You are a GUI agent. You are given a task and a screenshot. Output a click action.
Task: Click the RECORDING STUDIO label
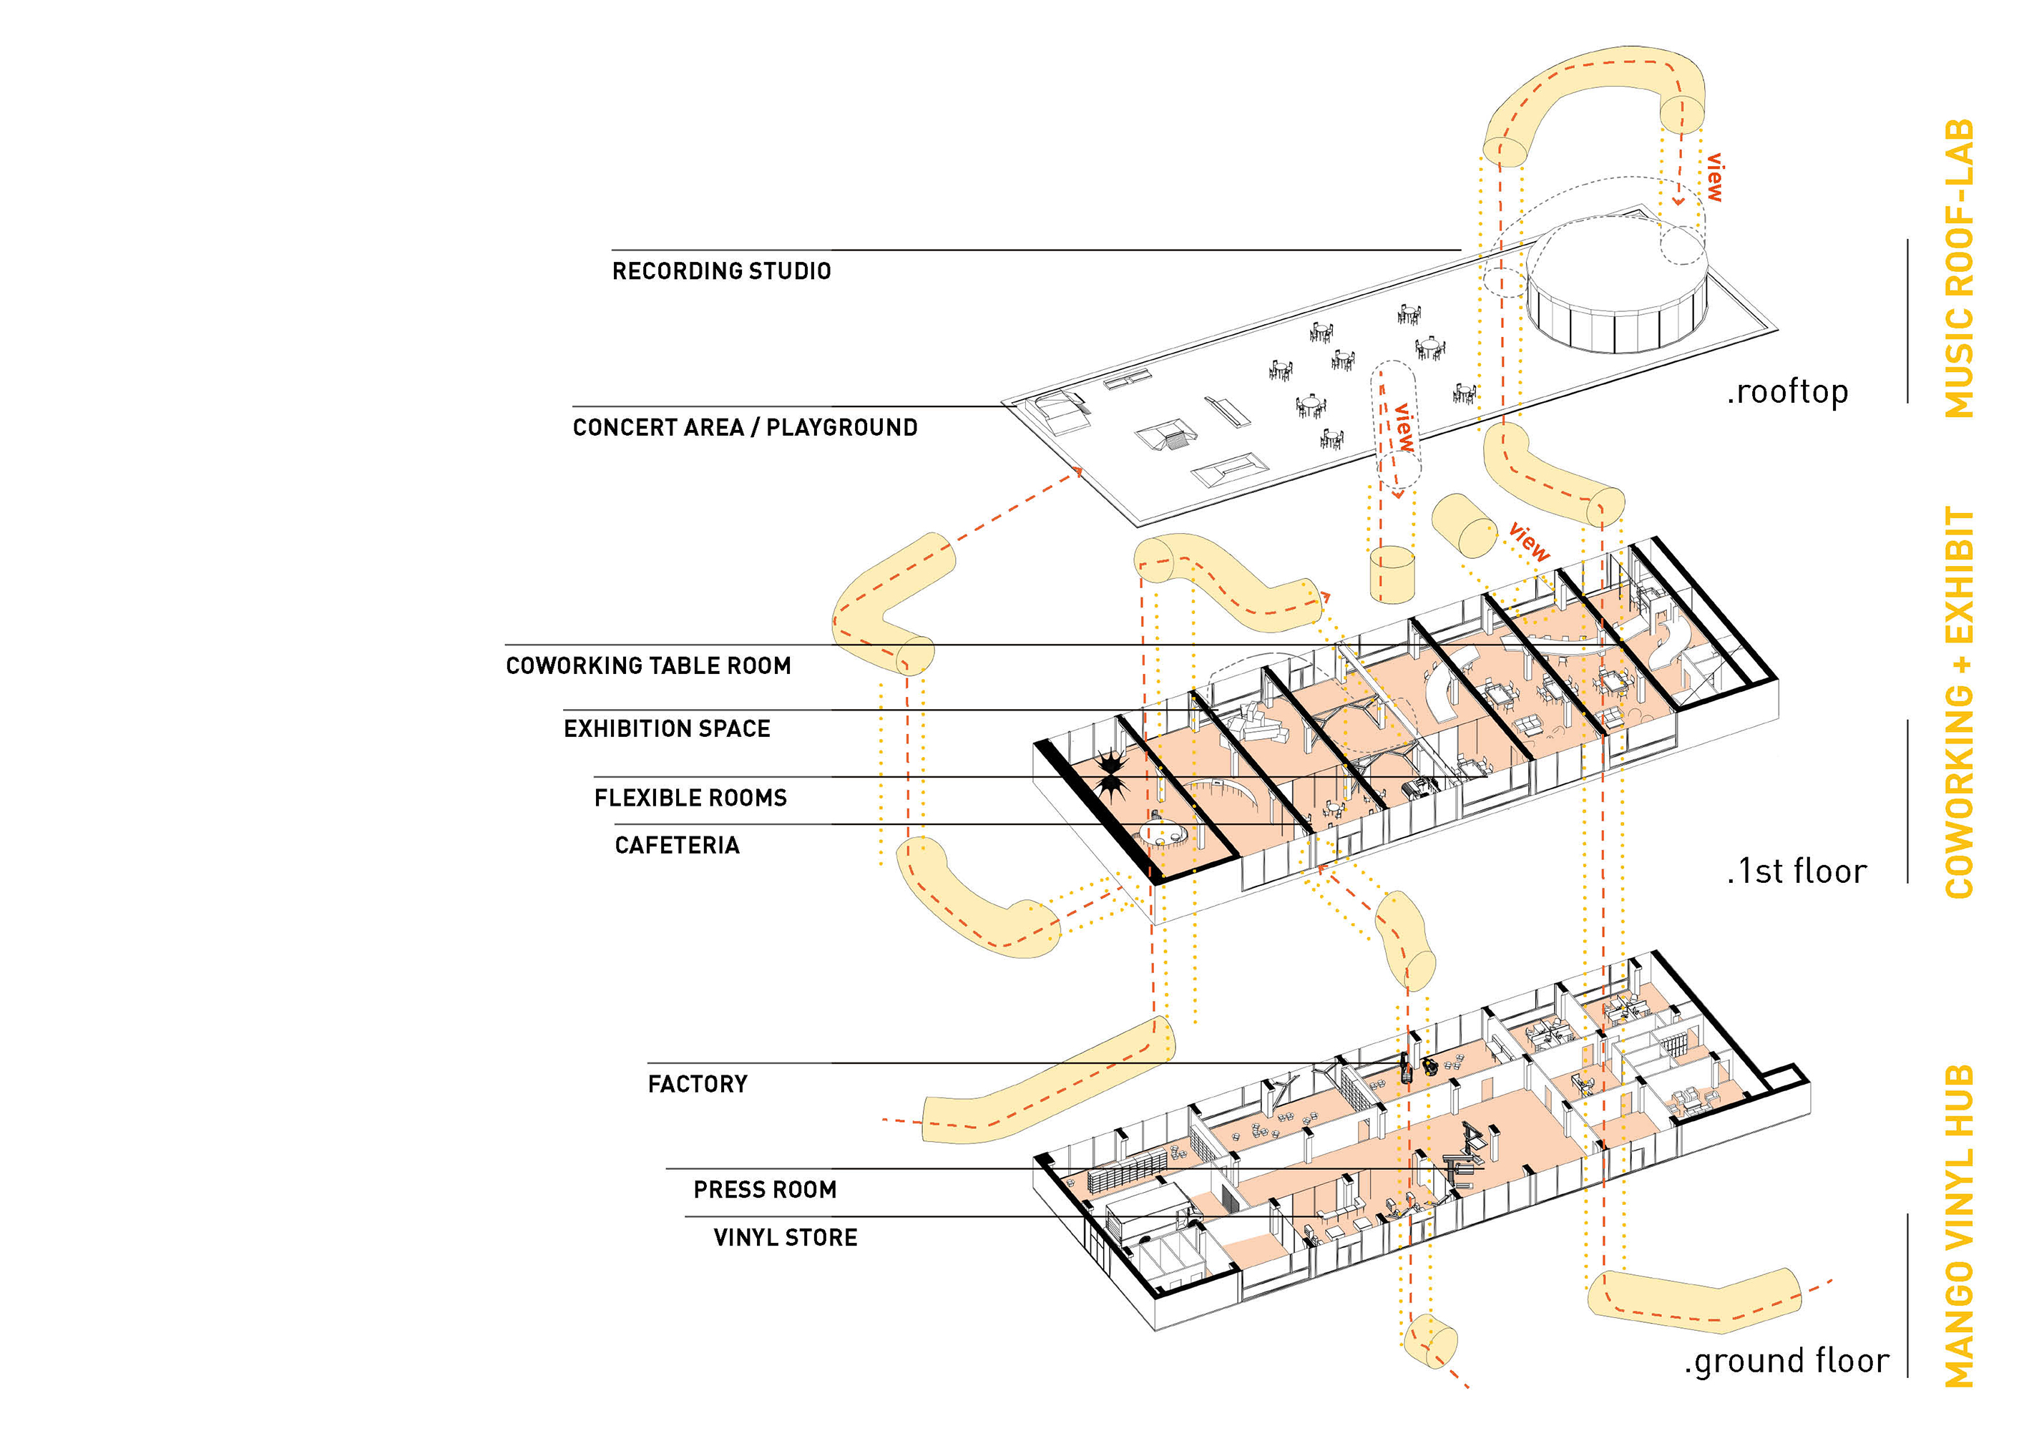[x=721, y=270]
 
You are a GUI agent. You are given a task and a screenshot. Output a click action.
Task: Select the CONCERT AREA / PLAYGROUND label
[x=745, y=428]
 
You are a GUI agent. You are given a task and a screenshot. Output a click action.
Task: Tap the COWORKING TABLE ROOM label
[x=648, y=665]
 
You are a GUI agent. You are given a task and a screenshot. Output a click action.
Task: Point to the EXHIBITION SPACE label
[x=667, y=729]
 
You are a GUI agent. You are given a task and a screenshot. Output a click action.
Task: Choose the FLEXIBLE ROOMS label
[x=690, y=798]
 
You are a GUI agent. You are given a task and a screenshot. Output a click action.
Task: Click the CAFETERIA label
[x=677, y=846]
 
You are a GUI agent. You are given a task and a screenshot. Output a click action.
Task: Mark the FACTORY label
[x=698, y=1085]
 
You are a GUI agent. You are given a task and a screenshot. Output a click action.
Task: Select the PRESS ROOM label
[x=764, y=1191]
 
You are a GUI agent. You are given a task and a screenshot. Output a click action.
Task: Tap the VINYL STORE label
[x=785, y=1238]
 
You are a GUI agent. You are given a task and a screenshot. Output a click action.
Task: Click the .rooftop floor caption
[x=1787, y=392]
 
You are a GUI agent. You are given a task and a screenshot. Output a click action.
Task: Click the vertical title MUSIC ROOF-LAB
[x=1959, y=269]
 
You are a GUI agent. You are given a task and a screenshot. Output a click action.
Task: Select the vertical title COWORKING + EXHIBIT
[x=1959, y=703]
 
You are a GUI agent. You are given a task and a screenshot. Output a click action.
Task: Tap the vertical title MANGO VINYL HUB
[x=1959, y=1226]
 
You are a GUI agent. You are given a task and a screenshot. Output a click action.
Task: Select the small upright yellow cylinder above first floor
[x=1392, y=574]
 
